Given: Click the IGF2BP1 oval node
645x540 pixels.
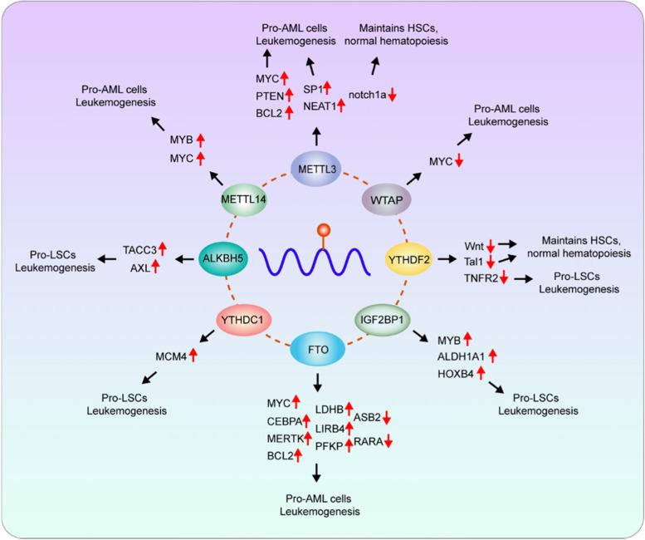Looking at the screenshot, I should coord(383,319).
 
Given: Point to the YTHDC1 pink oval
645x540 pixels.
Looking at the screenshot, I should coord(246,319).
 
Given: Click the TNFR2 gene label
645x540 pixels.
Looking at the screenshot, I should coord(482,277).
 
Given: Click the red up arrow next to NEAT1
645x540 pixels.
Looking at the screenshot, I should coord(341,104).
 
